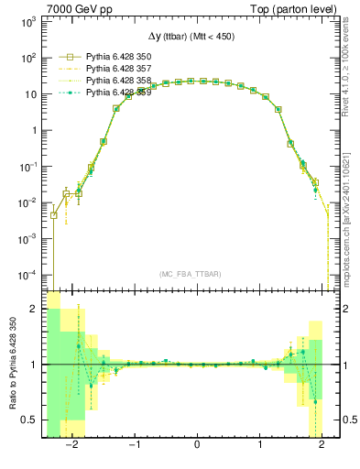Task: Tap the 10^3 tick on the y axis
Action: (x=28, y=21)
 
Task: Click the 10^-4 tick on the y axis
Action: (x=27, y=275)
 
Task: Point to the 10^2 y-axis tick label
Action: (x=28, y=58)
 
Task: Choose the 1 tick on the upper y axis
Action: (x=35, y=130)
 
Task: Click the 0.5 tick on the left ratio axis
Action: (x=30, y=420)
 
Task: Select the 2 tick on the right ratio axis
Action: (x=345, y=310)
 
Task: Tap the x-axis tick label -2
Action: (x=72, y=447)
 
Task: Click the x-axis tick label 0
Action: (x=197, y=447)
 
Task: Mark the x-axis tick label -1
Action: (x=134, y=447)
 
